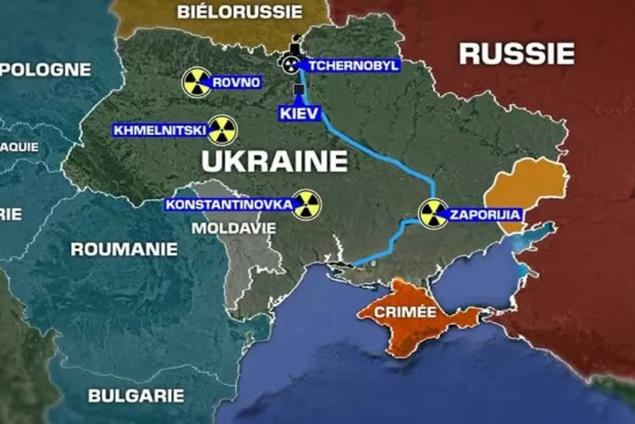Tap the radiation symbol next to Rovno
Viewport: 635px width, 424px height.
point(196,82)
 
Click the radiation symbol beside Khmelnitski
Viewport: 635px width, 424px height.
point(222,131)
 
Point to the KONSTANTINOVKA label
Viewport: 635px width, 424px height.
point(229,204)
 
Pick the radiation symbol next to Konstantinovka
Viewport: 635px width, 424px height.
point(306,204)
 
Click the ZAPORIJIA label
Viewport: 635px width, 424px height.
point(484,215)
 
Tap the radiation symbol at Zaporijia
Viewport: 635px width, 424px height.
point(433,214)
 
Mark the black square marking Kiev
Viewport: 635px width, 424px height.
point(299,89)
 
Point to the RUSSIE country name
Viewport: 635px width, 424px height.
point(516,53)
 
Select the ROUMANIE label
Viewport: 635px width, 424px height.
point(124,249)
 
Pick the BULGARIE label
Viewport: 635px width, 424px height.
point(135,395)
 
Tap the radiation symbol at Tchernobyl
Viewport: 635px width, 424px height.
point(290,64)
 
